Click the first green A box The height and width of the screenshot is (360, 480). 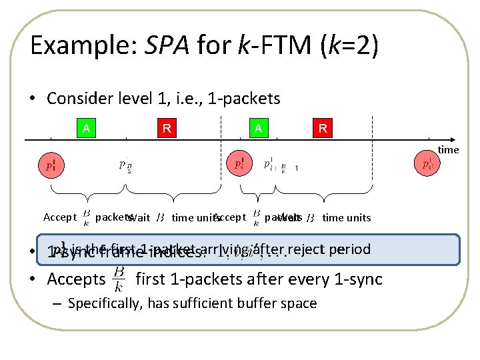(x=86, y=129)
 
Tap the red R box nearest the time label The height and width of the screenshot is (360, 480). (x=323, y=129)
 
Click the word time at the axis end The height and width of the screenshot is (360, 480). (x=448, y=150)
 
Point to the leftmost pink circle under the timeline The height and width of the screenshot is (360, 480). (x=50, y=163)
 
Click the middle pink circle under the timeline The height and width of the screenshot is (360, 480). (x=239, y=163)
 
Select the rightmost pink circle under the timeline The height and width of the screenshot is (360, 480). (x=428, y=163)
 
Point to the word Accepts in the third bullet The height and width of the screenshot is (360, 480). (x=76, y=279)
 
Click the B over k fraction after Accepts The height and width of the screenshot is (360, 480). (x=119, y=279)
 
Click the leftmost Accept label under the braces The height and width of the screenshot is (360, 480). (x=60, y=217)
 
